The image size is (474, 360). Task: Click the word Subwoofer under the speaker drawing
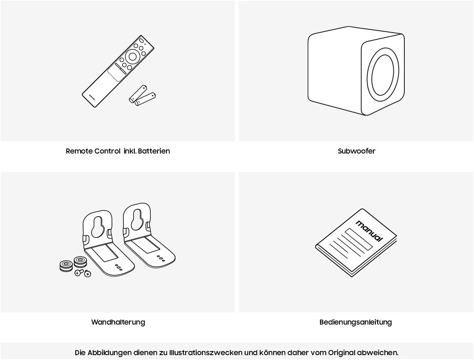[356, 151]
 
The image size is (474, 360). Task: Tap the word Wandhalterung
[118, 322]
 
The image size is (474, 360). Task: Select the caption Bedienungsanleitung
[355, 322]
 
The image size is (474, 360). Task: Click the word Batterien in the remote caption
[154, 151]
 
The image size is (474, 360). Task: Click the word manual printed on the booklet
[369, 230]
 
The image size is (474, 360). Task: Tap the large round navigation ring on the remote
[132, 56]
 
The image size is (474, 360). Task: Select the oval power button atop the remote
[141, 40]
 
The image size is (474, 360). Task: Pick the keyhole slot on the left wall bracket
[97, 226]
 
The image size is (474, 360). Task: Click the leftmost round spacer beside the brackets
[66, 266]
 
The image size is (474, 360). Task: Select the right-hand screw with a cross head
[88, 274]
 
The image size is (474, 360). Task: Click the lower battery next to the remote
[145, 99]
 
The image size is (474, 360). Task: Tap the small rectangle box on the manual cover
[358, 239]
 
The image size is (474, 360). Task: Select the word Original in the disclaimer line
[342, 353]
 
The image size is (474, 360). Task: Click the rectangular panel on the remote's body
[116, 73]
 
